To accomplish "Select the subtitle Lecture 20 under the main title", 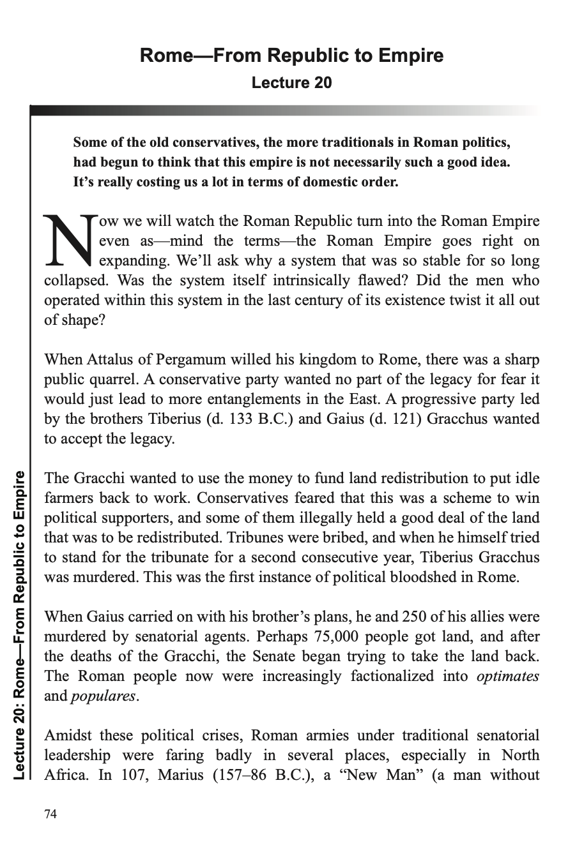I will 291,83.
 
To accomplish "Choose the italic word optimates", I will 508,676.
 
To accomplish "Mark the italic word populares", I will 102,696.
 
